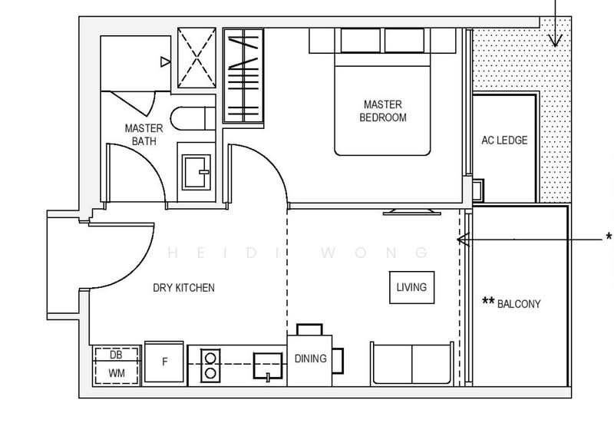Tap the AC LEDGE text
point(503,141)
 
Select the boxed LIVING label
point(411,287)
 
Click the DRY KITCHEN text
point(183,288)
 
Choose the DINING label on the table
point(310,359)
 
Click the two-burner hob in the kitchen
point(209,363)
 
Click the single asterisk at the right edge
point(609,235)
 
